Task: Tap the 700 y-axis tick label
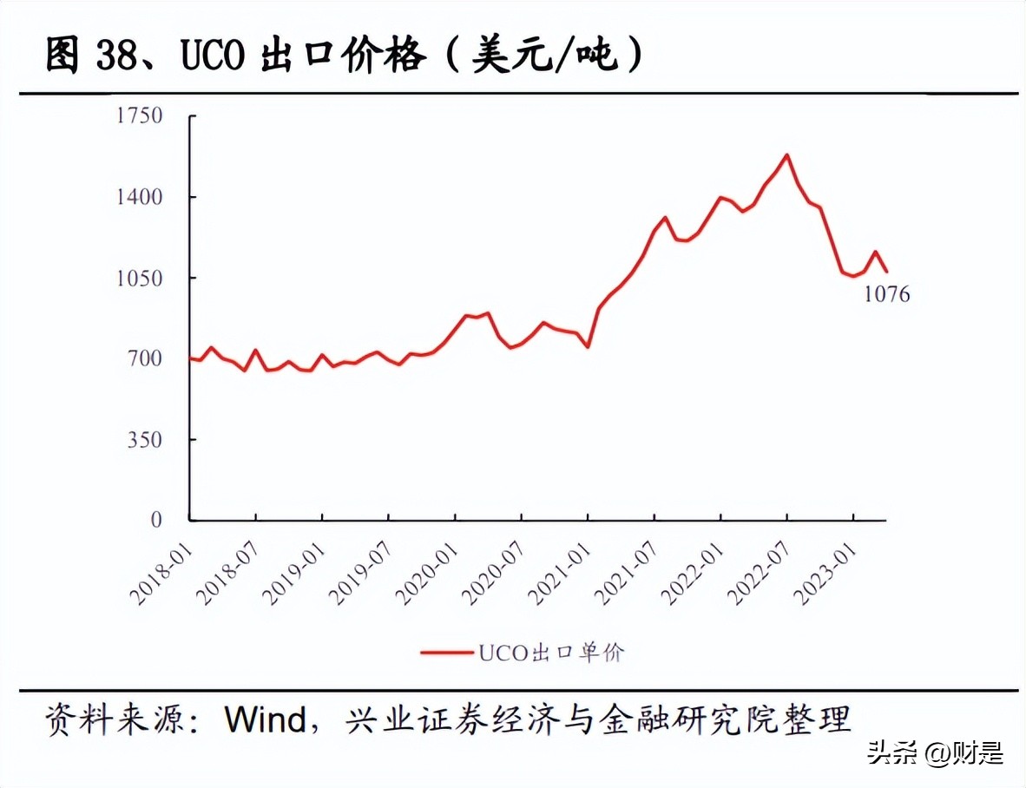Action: pos(145,358)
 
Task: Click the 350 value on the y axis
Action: pos(145,439)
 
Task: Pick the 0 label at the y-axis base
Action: pos(156,520)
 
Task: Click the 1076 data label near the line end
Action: pos(886,295)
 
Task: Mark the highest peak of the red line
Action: pos(786,155)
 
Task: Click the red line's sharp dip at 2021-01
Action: pos(588,346)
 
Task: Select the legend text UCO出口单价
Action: pos(549,653)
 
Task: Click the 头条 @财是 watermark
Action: pos(935,752)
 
